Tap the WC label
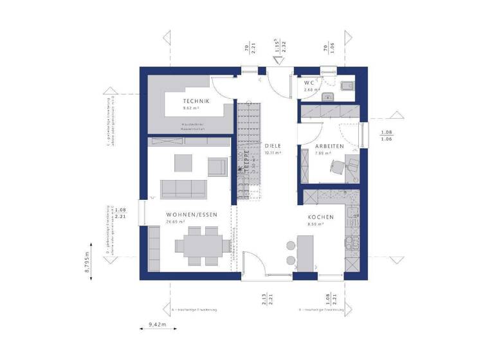(x=309, y=83)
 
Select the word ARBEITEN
(x=329, y=146)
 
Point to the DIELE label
(x=273, y=146)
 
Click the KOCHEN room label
(x=320, y=217)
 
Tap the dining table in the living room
(x=201, y=244)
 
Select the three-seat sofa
(x=183, y=188)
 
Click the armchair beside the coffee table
(x=217, y=166)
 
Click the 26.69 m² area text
(x=176, y=222)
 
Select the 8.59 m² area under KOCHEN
(x=316, y=224)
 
